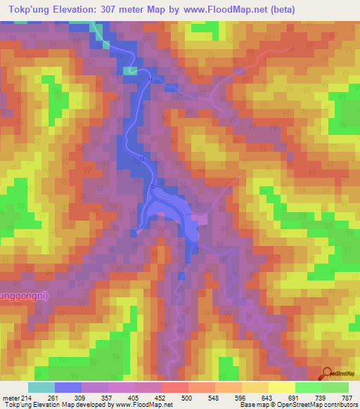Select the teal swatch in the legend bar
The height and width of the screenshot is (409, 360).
41,387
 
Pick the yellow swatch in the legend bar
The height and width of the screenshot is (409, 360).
281,387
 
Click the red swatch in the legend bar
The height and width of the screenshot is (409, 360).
174,387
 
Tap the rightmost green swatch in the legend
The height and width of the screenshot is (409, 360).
335,387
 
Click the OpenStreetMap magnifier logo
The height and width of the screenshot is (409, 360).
327,374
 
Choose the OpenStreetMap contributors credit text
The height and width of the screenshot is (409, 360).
316,405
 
